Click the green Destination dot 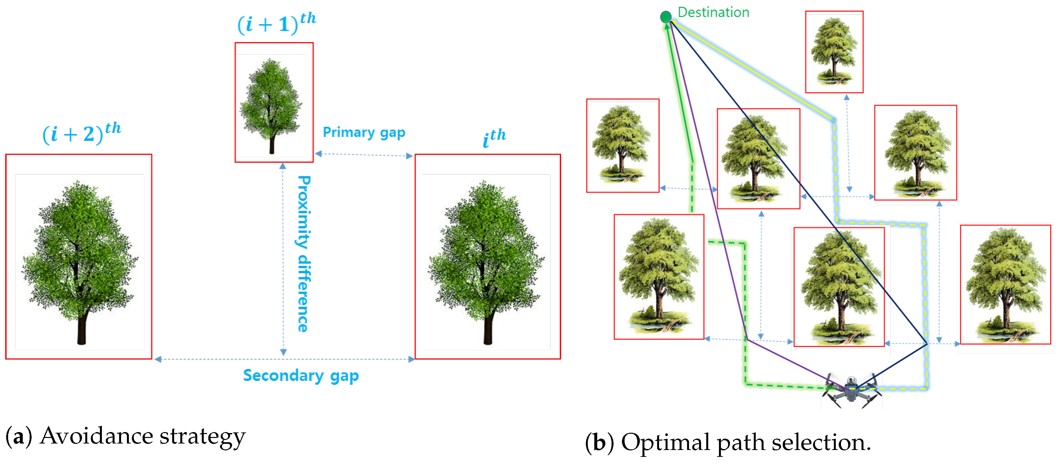click(665, 17)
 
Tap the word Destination click(713, 12)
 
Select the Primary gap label click(364, 132)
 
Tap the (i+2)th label click(82, 133)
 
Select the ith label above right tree click(494, 138)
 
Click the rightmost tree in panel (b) click(1005, 285)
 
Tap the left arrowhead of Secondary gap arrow click(158, 359)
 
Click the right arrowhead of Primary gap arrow click(409, 156)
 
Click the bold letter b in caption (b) click(599, 442)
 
